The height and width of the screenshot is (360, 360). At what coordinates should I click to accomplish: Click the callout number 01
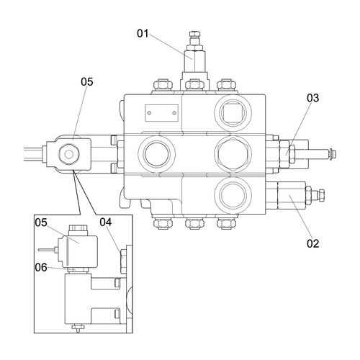143,33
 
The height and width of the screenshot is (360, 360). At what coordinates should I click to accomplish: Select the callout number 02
313,243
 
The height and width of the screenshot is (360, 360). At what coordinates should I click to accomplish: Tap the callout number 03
313,98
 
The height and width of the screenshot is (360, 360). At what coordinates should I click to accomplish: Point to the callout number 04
106,222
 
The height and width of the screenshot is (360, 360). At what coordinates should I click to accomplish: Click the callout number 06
41,267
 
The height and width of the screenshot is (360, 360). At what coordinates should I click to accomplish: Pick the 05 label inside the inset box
41,222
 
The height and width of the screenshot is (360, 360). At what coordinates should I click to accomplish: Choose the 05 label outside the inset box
87,82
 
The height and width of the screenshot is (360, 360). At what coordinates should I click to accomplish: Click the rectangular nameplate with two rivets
161,113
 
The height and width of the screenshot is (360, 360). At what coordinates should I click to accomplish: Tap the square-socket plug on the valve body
233,113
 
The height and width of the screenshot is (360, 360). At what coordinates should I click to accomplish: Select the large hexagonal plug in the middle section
233,154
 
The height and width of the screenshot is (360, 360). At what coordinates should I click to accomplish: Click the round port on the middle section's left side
157,154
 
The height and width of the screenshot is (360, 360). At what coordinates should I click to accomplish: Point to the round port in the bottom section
233,195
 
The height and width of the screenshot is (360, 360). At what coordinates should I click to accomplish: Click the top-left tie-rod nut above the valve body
163,85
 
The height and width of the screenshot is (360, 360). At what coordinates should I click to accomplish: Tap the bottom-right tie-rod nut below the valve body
226,223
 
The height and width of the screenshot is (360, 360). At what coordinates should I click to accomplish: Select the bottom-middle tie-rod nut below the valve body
195,223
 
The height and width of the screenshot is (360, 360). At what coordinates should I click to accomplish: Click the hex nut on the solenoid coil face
69,154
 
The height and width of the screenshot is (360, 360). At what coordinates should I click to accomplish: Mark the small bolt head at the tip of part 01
195,34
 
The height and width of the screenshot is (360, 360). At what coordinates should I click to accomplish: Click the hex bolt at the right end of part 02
322,194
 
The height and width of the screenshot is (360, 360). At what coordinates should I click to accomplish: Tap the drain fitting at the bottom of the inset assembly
78,328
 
